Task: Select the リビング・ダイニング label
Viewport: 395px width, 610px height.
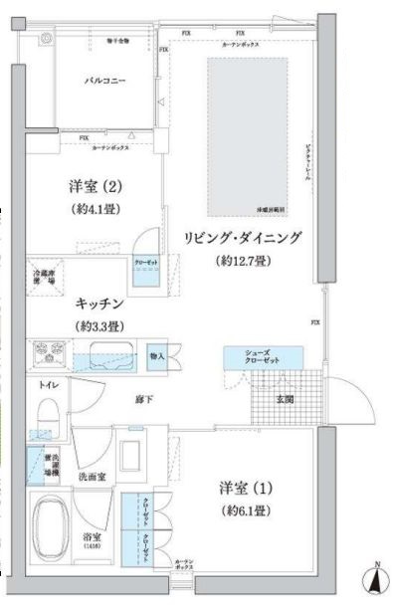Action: [242, 239]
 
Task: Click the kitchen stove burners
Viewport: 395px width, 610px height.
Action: [47, 354]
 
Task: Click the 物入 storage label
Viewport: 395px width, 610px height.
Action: [156, 353]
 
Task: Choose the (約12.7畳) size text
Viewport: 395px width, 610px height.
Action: [242, 262]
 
